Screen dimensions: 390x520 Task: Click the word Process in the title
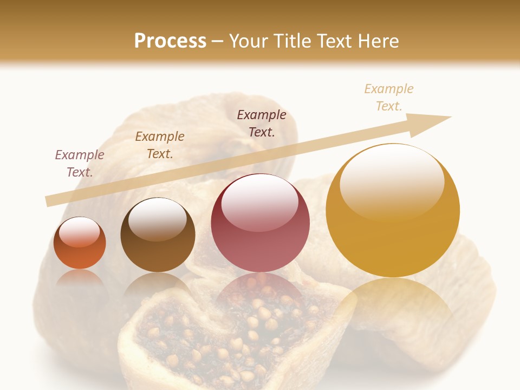(170, 41)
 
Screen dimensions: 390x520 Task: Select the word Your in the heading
(249, 41)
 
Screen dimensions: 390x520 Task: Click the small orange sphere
(80, 243)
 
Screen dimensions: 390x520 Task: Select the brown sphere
(158, 235)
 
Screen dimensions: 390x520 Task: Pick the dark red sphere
(260, 223)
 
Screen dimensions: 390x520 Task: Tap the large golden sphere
(393, 211)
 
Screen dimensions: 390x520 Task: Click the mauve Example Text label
(80, 163)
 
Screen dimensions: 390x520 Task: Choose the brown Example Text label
(159, 145)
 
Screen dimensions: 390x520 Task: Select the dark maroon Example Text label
(262, 123)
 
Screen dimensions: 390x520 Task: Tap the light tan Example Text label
(389, 97)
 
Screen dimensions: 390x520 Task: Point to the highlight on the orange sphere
(79, 232)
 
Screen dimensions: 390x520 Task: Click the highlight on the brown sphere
(157, 218)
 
